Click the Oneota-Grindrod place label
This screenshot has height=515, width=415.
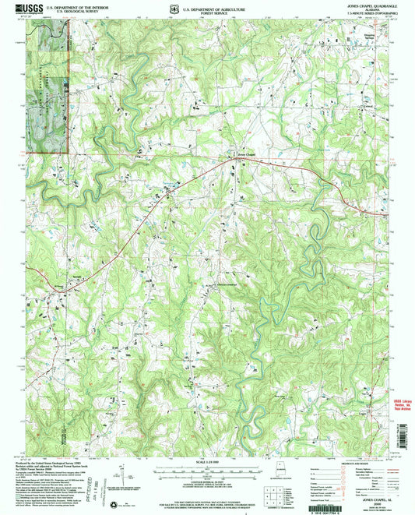pyautogui.click(x=219, y=284)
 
